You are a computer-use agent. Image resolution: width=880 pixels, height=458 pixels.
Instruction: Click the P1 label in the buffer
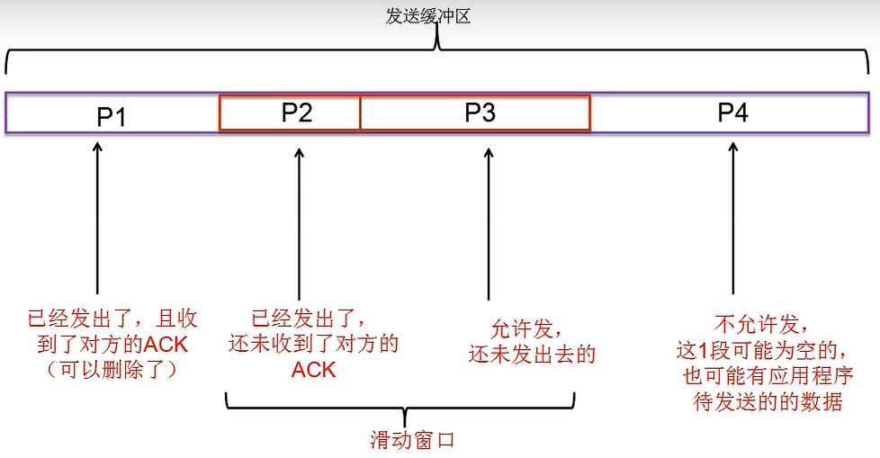[x=111, y=116]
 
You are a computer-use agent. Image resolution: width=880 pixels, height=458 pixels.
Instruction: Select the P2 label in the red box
[x=296, y=112]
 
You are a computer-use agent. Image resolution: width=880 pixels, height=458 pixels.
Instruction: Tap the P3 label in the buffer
[x=480, y=112]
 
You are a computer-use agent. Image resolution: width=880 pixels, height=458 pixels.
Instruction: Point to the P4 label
[x=732, y=112]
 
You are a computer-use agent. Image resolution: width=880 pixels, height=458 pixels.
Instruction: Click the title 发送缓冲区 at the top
[x=428, y=16]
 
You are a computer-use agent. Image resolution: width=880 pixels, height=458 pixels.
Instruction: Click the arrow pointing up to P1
[x=97, y=216]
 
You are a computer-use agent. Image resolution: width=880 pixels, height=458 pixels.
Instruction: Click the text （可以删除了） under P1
[x=112, y=369]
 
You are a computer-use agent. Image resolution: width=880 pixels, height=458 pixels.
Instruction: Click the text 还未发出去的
[x=532, y=354]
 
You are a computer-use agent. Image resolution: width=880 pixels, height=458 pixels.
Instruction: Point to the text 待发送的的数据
[x=768, y=401]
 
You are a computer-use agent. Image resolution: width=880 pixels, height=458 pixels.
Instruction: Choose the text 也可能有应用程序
[x=768, y=375]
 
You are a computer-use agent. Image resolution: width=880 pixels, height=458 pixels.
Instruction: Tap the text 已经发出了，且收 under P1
[x=112, y=318]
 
